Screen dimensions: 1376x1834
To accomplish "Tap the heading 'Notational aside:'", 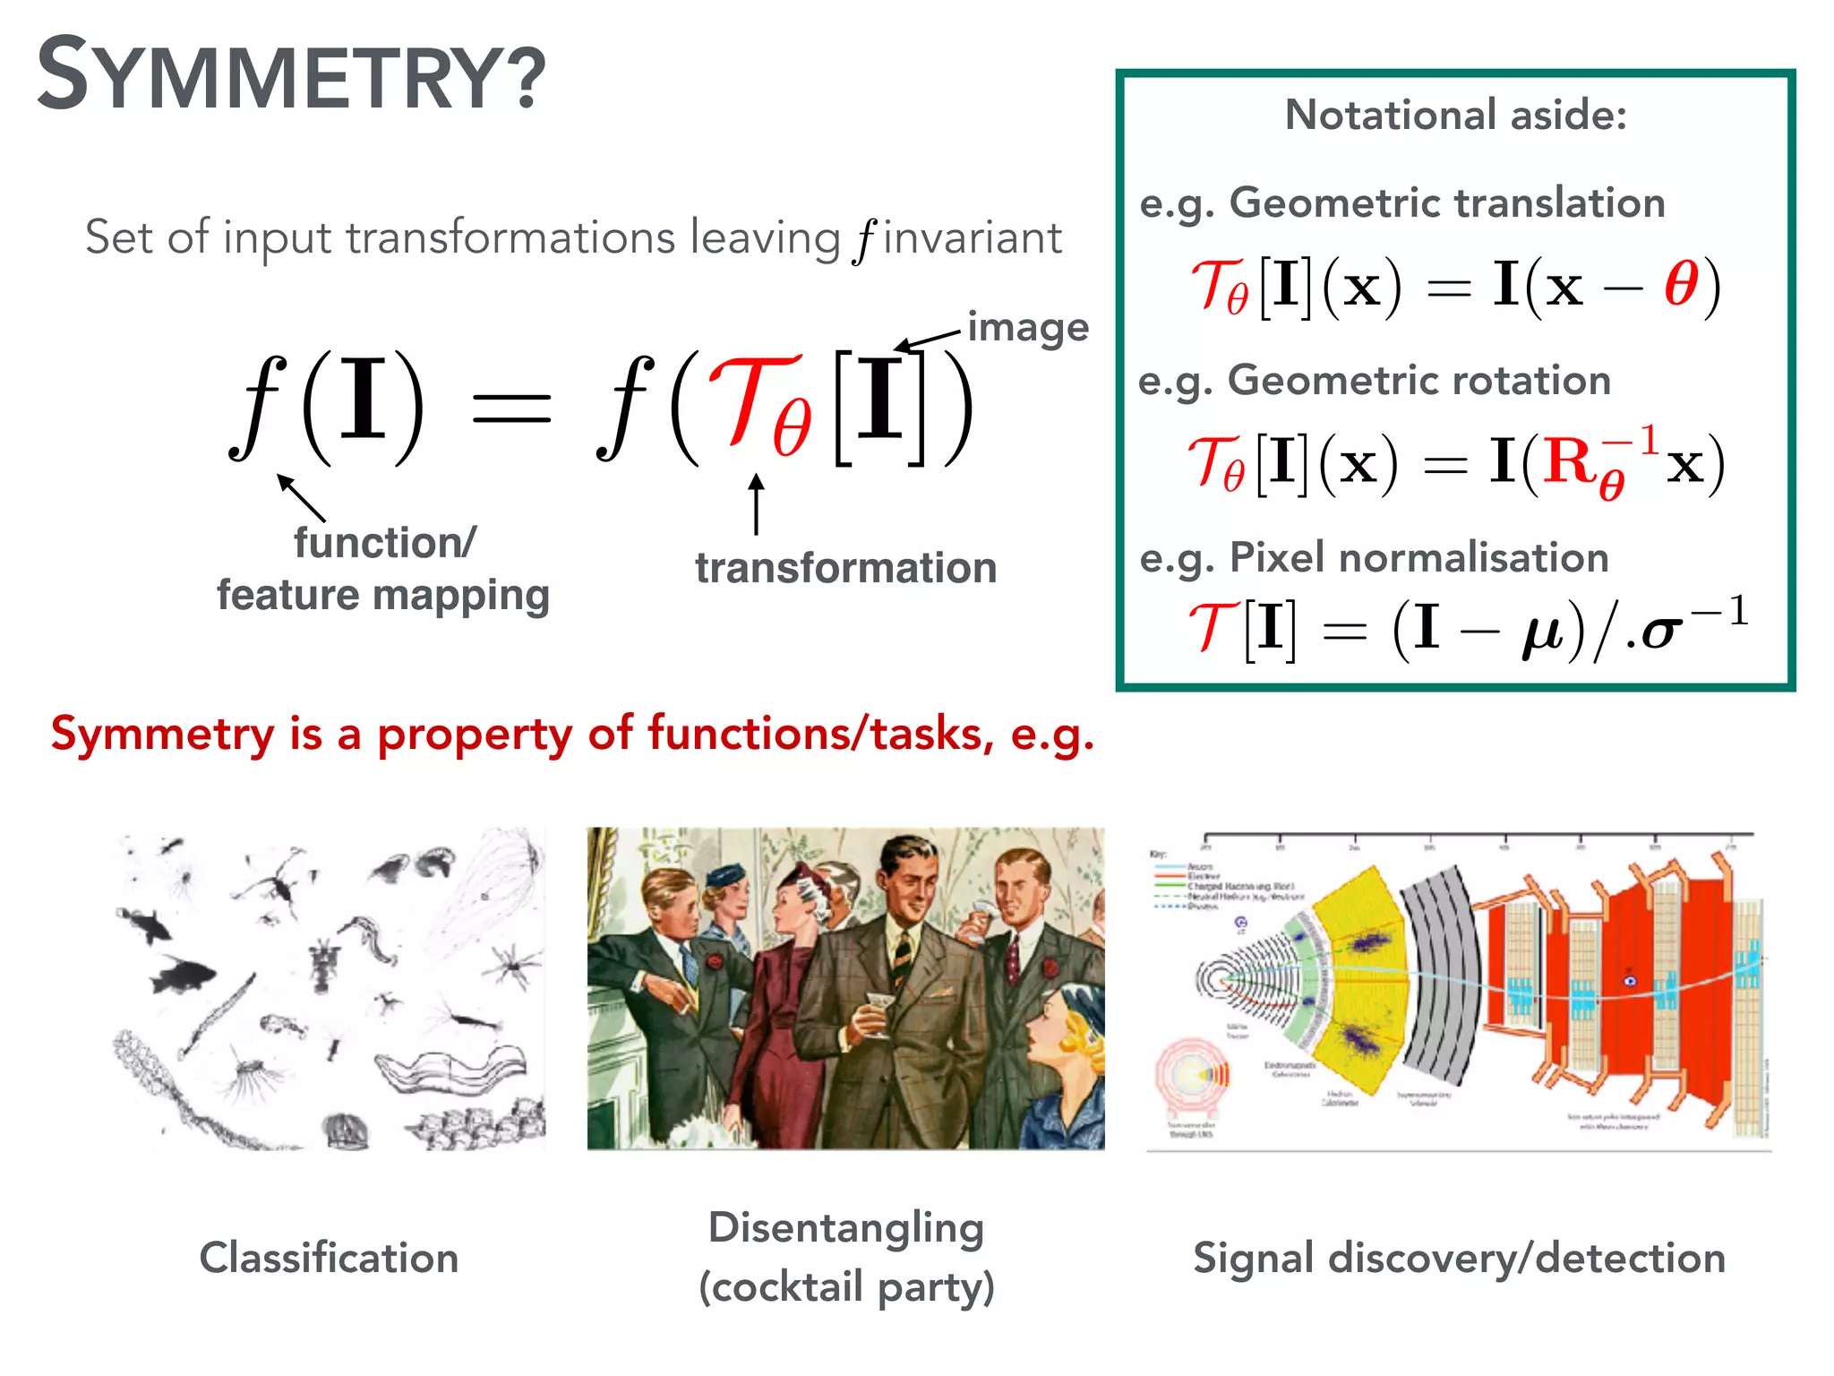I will (x=1455, y=115).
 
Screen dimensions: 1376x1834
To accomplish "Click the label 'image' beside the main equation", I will (x=1028, y=328).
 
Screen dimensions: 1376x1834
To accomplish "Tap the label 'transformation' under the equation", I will (x=845, y=568).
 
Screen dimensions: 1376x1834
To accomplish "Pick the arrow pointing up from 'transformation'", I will (x=757, y=503).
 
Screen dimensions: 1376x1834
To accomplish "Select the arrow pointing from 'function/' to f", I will (x=300, y=496).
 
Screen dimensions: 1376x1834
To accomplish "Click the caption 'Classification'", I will (x=329, y=1258).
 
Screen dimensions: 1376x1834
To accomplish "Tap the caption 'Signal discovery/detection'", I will (x=1459, y=1258).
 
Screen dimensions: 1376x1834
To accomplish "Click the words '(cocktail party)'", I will (x=846, y=1287).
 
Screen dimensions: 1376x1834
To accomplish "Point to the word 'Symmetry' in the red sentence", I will (x=162, y=735).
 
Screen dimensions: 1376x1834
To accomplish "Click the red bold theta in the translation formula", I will (x=1681, y=285).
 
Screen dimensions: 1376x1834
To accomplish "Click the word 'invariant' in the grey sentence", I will (x=972, y=238).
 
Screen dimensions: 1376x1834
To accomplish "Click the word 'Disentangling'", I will (x=846, y=1227).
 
